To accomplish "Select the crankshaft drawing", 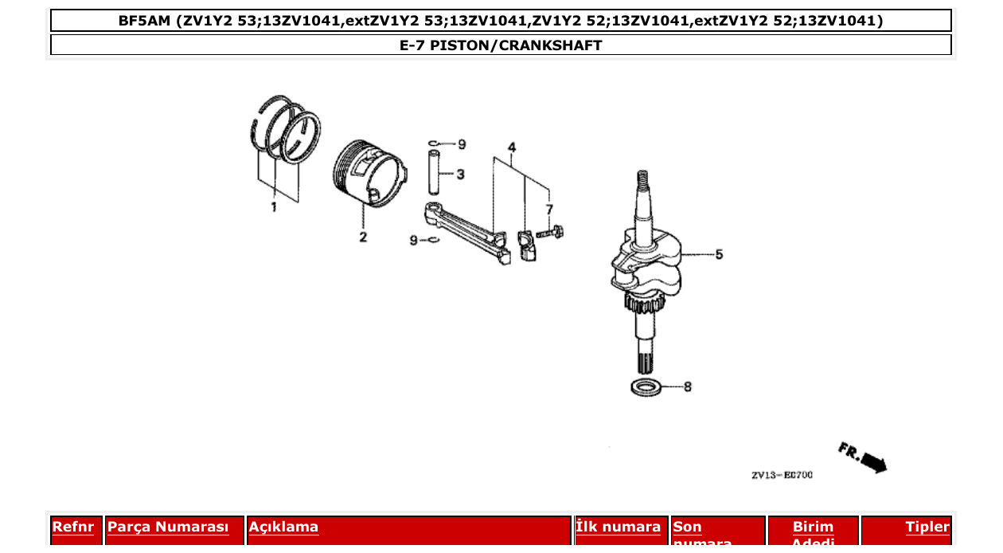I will tap(646, 263).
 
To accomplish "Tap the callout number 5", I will tap(719, 255).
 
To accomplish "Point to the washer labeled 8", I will tap(646, 387).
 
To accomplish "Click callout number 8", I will tap(688, 387).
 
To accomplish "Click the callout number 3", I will tap(461, 174).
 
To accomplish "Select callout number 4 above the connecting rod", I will tap(512, 147).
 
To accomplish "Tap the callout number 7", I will tap(548, 209).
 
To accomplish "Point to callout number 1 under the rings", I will tap(274, 207).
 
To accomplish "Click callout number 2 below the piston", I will tap(363, 237).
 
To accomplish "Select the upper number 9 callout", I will tap(462, 144).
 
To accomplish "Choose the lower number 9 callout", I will tap(414, 240).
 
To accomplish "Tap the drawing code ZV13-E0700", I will tap(782, 476).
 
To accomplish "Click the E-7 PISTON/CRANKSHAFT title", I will tap(501, 45).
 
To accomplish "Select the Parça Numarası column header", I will tap(168, 528).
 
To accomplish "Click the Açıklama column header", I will tap(283, 528).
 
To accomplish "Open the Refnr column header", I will tap(73, 528).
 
